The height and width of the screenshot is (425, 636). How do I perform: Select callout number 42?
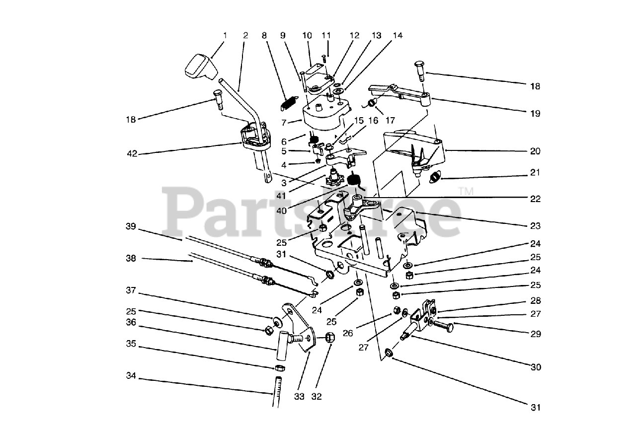pyautogui.click(x=131, y=154)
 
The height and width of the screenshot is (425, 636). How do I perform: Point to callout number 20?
pyautogui.click(x=535, y=151)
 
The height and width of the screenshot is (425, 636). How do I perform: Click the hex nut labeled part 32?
pyautogui.click(x=330, y=339)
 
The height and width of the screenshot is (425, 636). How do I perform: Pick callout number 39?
pyautogui.click(x=131, y=226)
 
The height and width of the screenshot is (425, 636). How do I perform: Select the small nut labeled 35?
pyautogui.click(x=280, y=368)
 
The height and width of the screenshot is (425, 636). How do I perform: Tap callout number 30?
pyautogui.click(x=535, y=367)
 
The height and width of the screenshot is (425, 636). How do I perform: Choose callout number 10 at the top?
pyautogui.click(x=307, y=36)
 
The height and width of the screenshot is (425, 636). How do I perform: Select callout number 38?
pyautogui.click(x=131, y=258)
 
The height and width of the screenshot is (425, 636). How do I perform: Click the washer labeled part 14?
pyautogui.click(x=338, y=92)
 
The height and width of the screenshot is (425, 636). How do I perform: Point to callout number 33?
pyautogui.click(x=298, y=397)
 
